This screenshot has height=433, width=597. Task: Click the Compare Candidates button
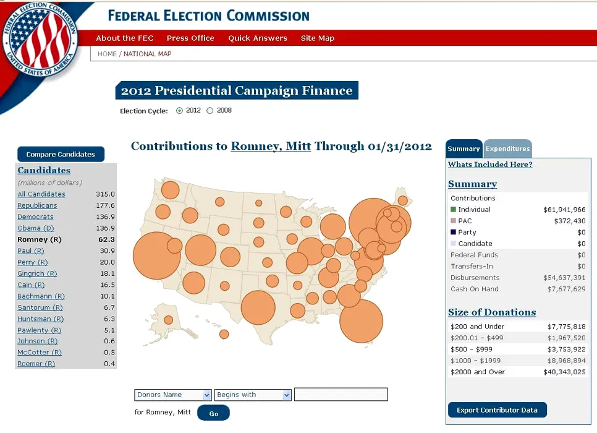point(61,155)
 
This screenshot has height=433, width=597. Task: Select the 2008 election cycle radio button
point(210,111)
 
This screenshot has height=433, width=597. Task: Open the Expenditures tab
point(507,149)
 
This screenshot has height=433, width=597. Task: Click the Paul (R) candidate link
point(31,251)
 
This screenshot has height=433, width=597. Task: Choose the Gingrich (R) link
point(37,273)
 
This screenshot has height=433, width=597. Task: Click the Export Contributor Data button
point(497,410)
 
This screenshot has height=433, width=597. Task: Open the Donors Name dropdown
point(173,395)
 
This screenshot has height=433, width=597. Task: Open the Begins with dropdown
point(253,395)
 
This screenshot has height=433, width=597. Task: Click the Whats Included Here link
point(490,165)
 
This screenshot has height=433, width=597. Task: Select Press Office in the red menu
point(190,38)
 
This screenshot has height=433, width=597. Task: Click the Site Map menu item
point(318,38)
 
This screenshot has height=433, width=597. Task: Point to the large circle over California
point(157,255)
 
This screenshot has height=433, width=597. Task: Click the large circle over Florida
point(362,321)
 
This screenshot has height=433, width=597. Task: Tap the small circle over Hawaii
point(224,334)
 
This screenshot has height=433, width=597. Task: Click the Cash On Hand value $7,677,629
point(566,289)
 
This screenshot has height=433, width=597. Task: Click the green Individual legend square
point(454,210)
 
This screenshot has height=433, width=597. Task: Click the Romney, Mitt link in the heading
point(271,147)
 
